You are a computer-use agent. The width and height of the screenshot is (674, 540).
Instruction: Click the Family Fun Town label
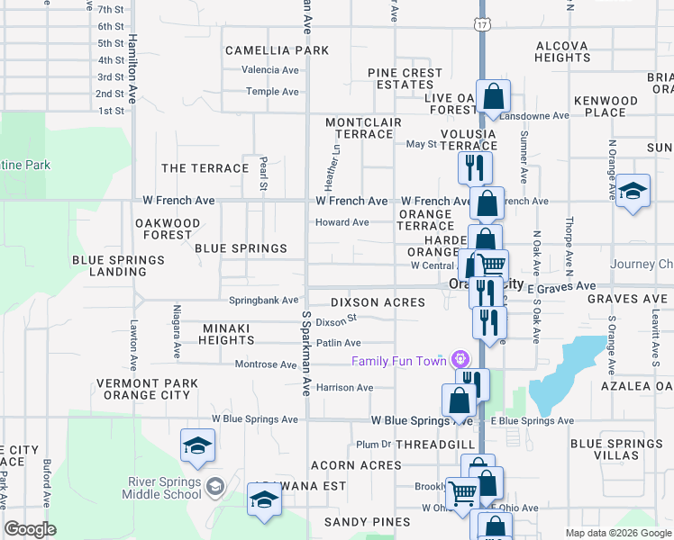point(399,362)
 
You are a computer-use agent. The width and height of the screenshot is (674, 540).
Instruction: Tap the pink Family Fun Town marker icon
point(462,359)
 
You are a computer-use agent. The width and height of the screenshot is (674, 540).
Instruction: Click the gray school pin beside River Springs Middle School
point(214,488)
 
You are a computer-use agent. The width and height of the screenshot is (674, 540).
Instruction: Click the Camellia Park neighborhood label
point(277,50)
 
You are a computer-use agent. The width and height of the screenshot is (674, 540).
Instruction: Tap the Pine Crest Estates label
point(405,78)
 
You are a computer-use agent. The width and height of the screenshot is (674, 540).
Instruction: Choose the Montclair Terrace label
point(359,128)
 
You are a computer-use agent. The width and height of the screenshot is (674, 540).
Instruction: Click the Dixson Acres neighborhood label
point(377,302)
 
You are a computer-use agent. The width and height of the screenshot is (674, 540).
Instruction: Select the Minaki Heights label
point(227,334)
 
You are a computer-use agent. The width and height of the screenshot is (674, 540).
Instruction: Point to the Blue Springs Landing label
point(119,265)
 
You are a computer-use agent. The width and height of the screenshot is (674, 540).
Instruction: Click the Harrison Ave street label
point(344,388)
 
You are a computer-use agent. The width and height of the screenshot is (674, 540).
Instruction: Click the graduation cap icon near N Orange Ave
point(633,191)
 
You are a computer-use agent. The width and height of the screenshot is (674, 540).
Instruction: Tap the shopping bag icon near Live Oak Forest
point(494,95)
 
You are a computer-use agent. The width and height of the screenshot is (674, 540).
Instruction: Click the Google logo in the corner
point(31,528)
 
